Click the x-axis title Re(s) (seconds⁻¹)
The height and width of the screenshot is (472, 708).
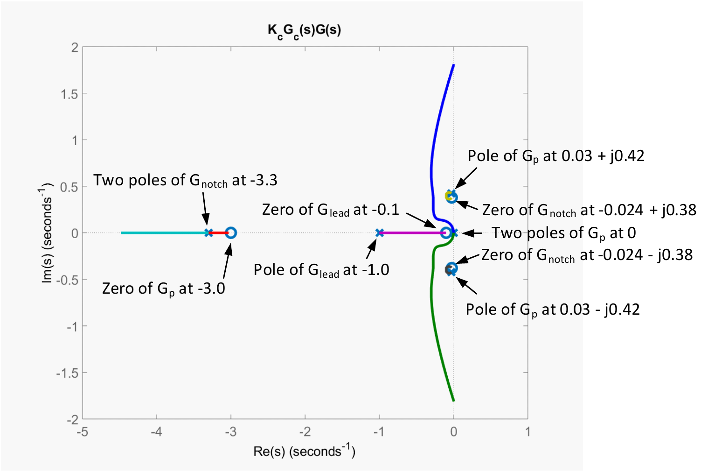click(x=305, y=451)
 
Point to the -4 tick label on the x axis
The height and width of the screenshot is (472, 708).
click(x=156, y=432)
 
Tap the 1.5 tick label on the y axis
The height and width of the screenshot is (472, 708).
click(x=69, y=94)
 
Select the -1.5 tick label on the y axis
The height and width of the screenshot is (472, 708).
click(x=67, y=373)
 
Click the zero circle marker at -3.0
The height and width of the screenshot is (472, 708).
click(x=231, y=233)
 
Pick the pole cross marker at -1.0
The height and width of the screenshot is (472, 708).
click(x=380, y=233)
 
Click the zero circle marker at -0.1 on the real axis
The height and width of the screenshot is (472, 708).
click(x=446, y=233)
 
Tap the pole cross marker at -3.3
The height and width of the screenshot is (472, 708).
click(x=208, y=233)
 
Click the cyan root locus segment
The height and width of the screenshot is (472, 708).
click(x=164, y=233)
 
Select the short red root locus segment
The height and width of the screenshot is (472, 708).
click(x=218, y=233)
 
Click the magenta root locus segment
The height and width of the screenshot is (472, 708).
click(x=411, y=233)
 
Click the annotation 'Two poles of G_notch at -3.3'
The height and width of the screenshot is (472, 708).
click(x=185, y=181)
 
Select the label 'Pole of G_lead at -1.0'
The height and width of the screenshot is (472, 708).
click(x=321, y=270)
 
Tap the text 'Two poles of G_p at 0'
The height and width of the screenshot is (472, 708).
click(x=564, y=233)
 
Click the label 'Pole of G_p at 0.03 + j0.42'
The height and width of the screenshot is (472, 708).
click(x=555, y=156)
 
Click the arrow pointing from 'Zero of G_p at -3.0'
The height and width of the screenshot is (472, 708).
click(x=228, y=261)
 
